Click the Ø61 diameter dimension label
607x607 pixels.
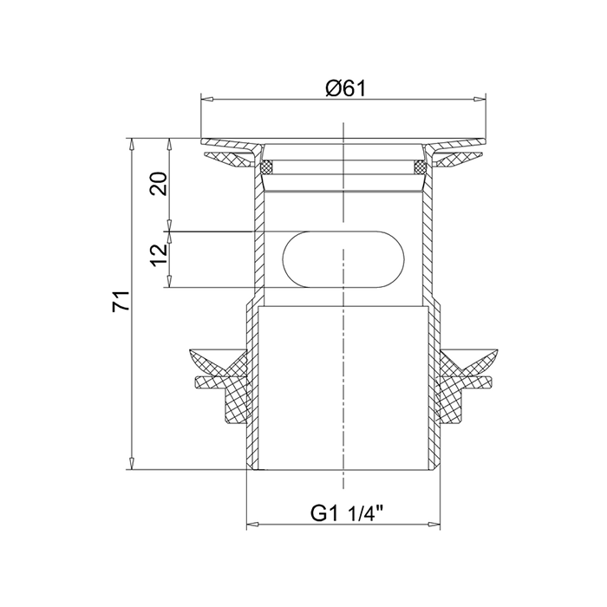click(345, 89)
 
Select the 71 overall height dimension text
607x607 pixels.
click(121, 300)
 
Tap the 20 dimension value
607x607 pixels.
click(159, 184)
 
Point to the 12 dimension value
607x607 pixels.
click(159, 255)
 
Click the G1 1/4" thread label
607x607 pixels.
click(347, 514)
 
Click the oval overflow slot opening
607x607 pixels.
click(343, 259)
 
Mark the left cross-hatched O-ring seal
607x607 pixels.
click(267, 167)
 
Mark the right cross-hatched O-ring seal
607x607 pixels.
click(420, 167)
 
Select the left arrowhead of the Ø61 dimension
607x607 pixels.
click(207, 100)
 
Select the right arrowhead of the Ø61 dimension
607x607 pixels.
click(480, 100)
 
